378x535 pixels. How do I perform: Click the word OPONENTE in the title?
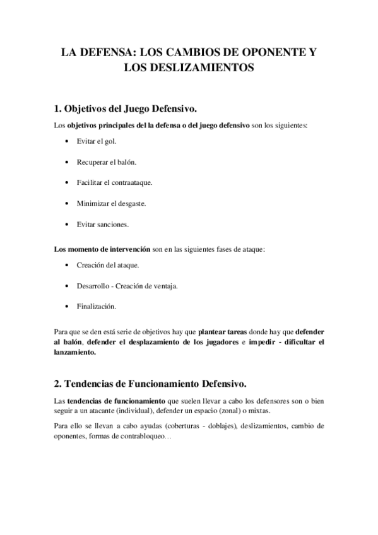[x=268, y=53]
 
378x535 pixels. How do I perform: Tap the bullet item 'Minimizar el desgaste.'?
[x=112, y=203]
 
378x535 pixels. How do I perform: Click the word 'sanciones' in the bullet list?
[x=113, y=224]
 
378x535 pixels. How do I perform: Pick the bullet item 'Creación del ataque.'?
[x=108, y=265]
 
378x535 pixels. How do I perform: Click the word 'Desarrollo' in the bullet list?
[x=94, y=286]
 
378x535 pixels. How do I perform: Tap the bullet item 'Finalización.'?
[x=97, y=307]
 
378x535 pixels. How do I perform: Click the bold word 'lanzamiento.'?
[x=75, y=353]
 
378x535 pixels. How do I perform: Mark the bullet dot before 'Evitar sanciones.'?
[x=67, y=224]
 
